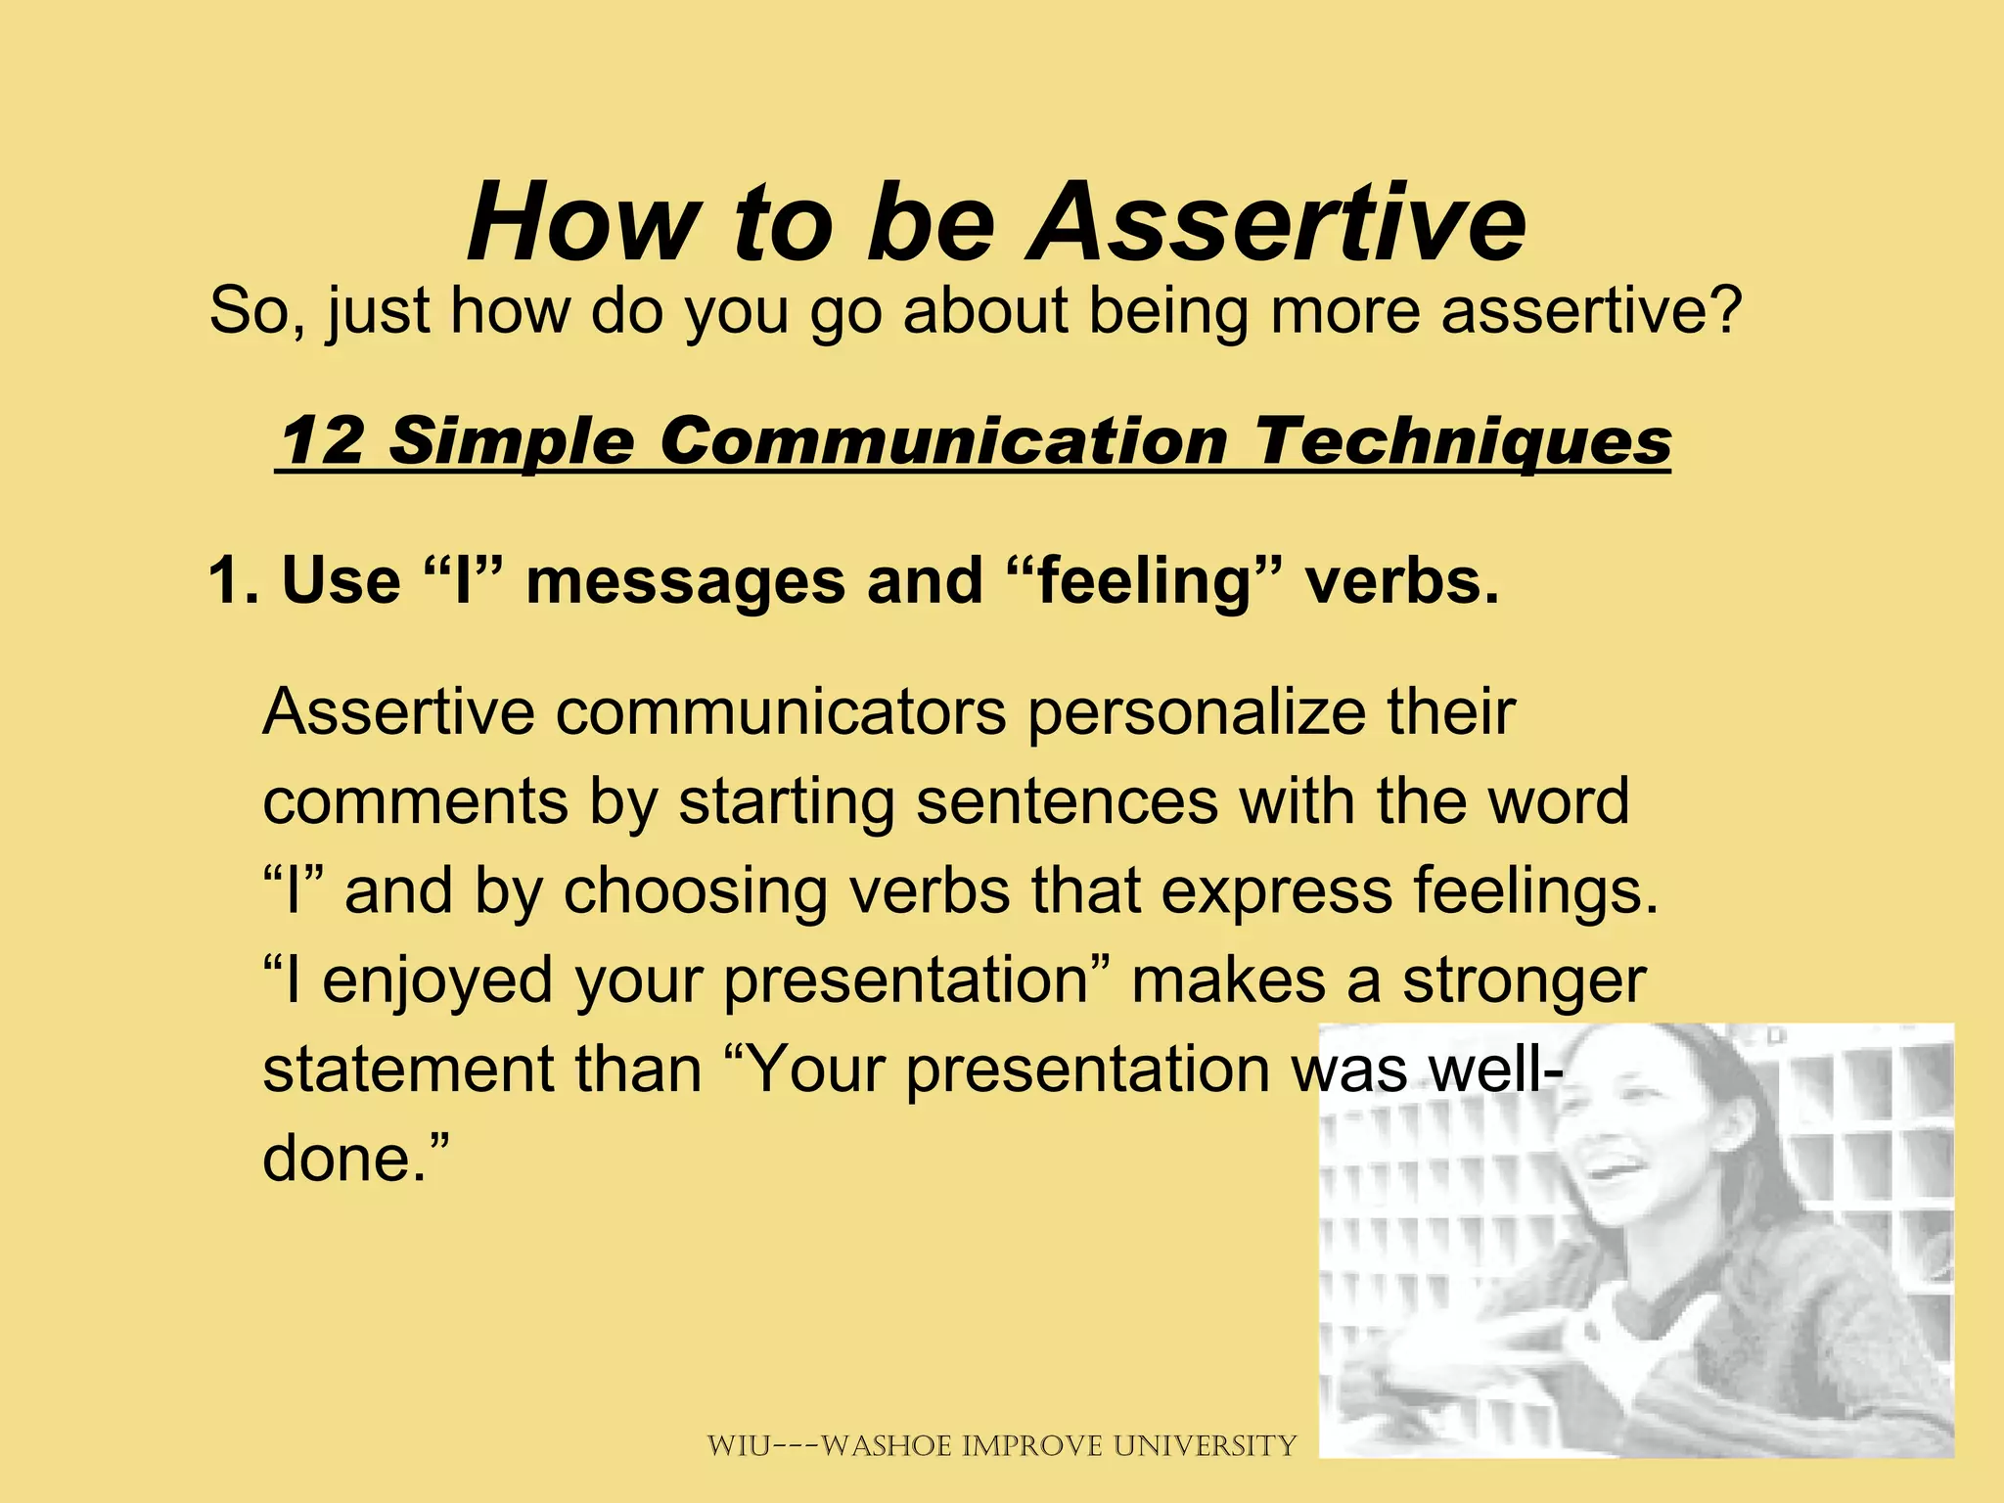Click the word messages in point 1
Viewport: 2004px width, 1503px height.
[x=684, y=580]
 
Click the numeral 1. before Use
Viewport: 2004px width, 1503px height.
[x=233, y=580]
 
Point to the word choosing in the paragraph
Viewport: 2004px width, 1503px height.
[x=694, y=891]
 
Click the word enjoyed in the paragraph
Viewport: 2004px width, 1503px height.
[x=437, y=981]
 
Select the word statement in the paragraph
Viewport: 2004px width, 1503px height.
[x=407, y=1070]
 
